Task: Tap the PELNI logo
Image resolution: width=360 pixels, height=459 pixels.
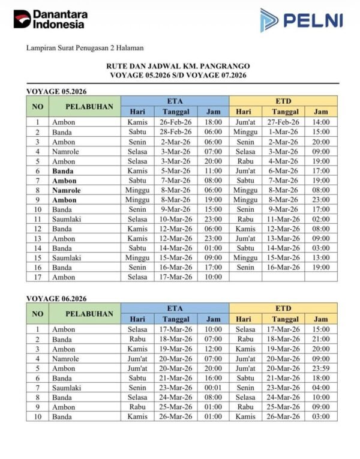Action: click(301, 20)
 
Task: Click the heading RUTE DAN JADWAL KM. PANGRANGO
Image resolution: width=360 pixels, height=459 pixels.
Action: click(178, 65)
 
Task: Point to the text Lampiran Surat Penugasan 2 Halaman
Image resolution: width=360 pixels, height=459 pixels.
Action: click(85, 47)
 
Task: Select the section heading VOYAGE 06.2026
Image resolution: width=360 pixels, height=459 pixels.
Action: click(56, 298)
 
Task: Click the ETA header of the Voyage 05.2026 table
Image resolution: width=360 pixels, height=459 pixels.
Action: click(175, 101)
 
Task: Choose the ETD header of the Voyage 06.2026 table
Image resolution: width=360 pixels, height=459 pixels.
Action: click(283, 308)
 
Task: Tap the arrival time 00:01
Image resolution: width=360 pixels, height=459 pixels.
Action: click(213, 388)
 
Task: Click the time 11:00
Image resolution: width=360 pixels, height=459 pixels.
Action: click(213, 171)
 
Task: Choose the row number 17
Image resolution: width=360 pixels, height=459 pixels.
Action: click(37, 277)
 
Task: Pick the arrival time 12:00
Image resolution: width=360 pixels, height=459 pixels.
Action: click(213, 349)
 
